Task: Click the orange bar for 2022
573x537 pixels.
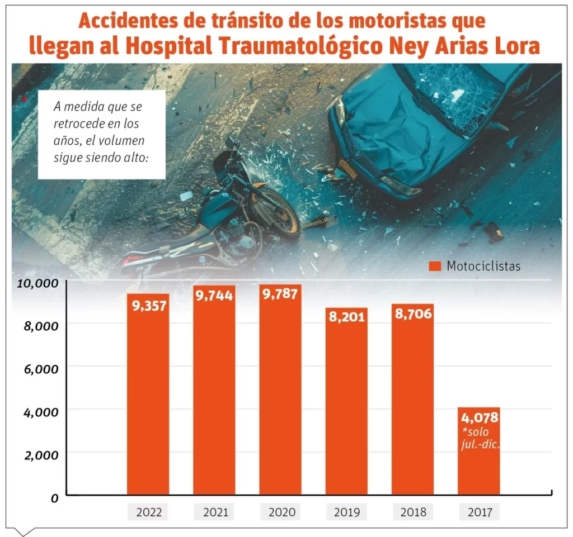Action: [148, 402]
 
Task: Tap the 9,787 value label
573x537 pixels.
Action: [280, 294]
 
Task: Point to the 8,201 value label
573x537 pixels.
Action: [346, 317]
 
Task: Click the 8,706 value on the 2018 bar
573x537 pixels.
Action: [412, 313]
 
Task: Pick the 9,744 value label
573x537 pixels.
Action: [214, 296]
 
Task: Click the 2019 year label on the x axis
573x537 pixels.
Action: [346, 512]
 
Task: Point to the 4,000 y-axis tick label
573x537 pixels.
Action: [40, 412]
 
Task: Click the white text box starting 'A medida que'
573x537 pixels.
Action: [101, 134]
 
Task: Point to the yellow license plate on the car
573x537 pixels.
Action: [347, 169]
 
